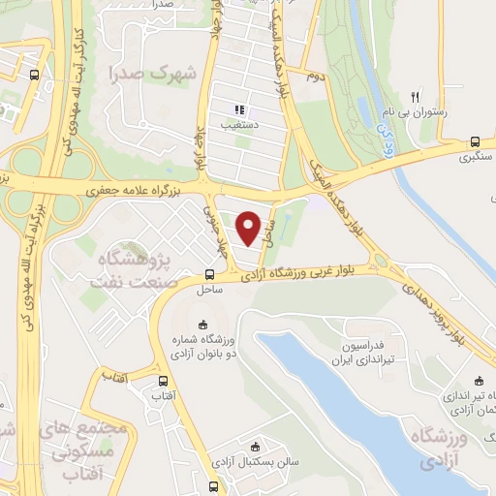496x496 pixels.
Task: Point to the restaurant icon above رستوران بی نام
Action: (x=416, y=96)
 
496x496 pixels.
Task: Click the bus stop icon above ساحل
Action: (x=211, y=275)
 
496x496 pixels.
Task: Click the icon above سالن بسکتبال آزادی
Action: (x=255, y=447)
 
